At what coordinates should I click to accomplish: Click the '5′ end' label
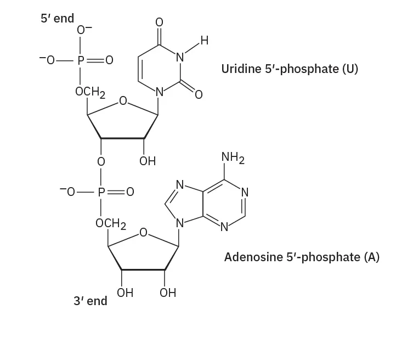coord(57,18)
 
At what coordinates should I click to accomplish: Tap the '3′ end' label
coord(90,301)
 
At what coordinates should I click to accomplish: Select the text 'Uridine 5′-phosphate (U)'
coord(290,70)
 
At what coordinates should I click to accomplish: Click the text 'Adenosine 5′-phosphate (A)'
coord(302,257)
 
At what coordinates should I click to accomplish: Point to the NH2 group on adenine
coord(233,159)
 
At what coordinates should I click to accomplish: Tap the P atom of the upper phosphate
coord(81,61)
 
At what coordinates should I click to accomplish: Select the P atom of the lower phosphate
coord(101,192)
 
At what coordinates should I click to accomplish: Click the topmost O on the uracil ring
coord(159,22)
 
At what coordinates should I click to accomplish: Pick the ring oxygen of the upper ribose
coord(123,101)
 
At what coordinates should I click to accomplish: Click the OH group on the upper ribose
coord(147,161)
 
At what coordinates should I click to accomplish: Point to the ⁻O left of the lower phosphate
coord(67,192)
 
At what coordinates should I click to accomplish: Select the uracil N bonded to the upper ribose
coord(160,92)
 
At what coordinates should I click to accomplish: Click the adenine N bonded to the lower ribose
coord(179,224)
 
